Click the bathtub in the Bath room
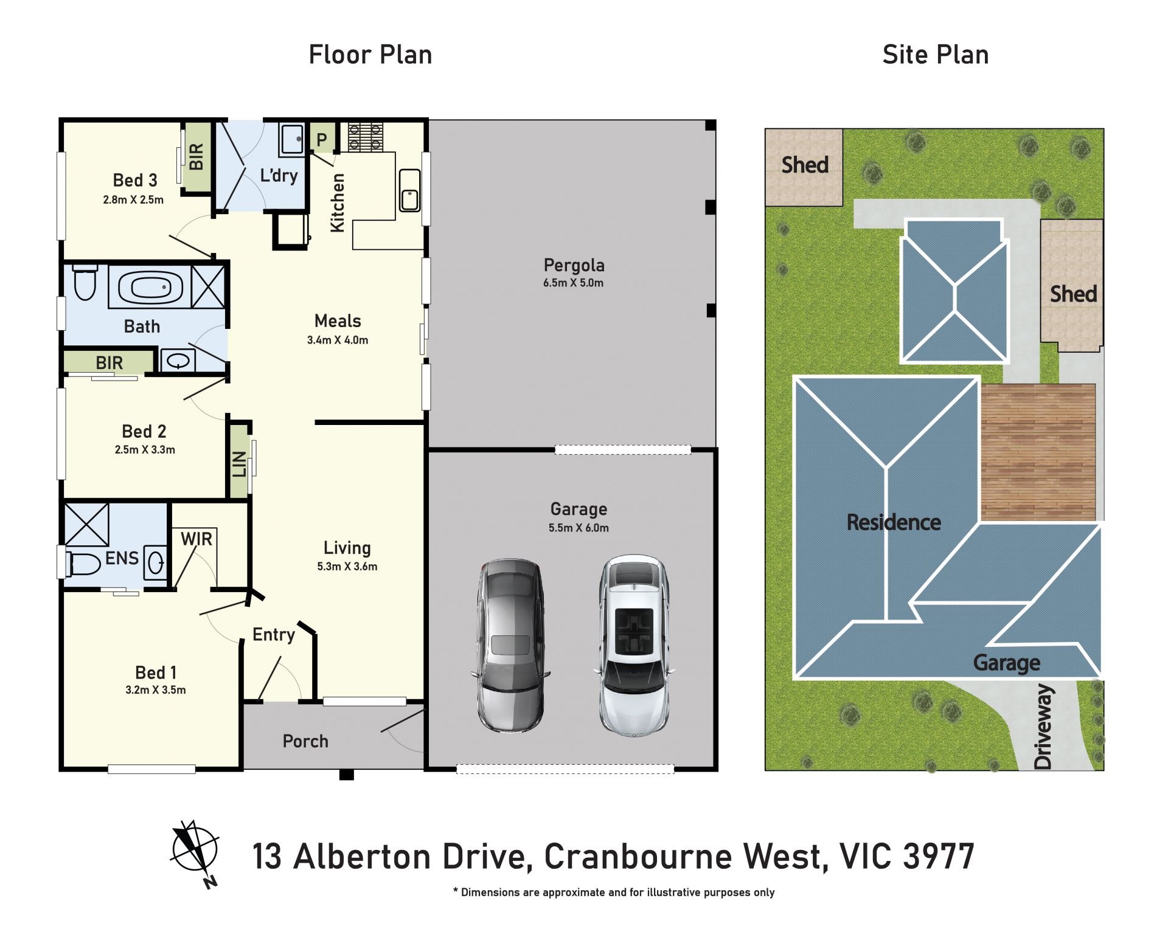coord(150,286)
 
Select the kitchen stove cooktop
coord(366,137)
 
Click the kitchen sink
coord(409,190)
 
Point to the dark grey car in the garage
coord(510,645)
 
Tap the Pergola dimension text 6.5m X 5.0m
coord(573,283)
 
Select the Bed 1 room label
coord(156,672)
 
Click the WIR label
coord(196,539)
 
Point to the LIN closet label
coord(239,464)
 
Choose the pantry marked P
coord(322,139)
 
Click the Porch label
coord(305,741)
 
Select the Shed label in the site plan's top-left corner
coord(805,165)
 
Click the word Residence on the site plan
coord(894,522)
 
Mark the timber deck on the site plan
coord(1038,452)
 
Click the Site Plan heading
coord(936,55)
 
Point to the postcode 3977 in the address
coord(939,856)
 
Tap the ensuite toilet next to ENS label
coord(83,564)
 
